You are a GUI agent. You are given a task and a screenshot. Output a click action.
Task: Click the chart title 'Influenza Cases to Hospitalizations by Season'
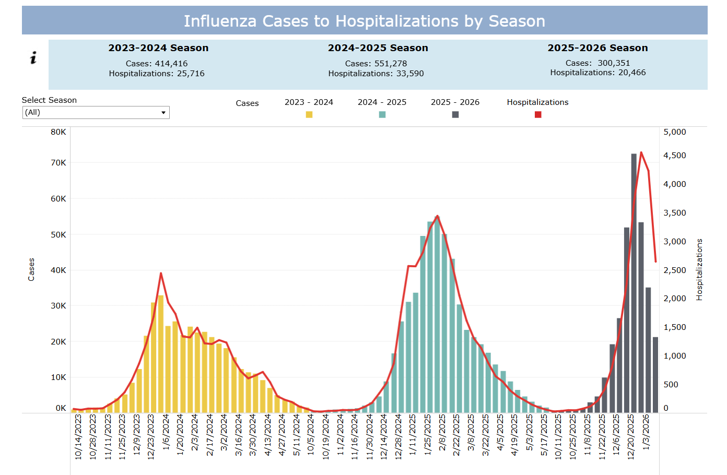pyautogui.click(x=364, y=21)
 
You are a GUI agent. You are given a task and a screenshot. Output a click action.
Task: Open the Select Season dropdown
pyautogui.click(x=96, y=113)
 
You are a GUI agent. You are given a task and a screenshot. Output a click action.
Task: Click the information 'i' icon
pyautogui.click(x=33, y=58)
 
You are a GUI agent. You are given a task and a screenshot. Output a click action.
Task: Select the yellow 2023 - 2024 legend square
pyautogui.click(x=309, y=115)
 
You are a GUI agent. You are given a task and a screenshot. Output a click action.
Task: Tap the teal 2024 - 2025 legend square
pyautogui.click(x=382, y=115)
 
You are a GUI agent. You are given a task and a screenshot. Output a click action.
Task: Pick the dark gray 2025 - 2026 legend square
pyautogui.click(x=455, y=115)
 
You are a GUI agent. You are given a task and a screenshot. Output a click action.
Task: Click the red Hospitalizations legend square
pyautogui.click(x=538, y=115)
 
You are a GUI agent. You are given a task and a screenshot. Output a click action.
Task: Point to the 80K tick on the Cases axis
pyautogui.click(x=58, y=132)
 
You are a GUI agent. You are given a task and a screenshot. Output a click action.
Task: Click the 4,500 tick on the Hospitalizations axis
pyautogui.click(x=674, y=156)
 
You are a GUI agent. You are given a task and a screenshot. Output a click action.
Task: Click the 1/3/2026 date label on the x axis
pyautogui.click(x=646, y=432)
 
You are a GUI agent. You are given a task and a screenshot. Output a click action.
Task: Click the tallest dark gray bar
pyautogui.click(x=634, y=282)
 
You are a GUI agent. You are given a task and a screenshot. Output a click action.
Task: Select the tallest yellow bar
pyautogui.click(x=161, y=355)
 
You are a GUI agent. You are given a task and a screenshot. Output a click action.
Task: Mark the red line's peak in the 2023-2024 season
pyautogui.click(x=161, y=273)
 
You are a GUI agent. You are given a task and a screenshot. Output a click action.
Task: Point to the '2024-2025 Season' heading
pyautogui.click(x=378, y=48)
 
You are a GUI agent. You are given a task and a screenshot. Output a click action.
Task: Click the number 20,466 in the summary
pyautogui.click(x=632, y=73)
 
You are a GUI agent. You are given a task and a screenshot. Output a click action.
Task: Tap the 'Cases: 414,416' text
pyautogui.click(x=157, y=64)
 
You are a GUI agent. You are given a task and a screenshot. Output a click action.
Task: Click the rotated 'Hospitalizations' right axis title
pyautogui.click(x=699, y=269)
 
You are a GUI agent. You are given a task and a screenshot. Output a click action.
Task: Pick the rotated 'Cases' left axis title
pyautogui.click(x=31, y=269)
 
